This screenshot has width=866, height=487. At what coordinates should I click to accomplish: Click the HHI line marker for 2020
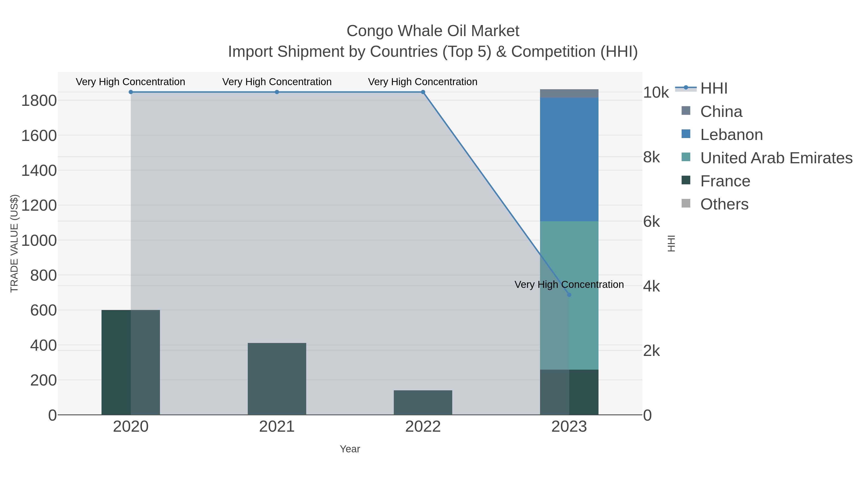coord(131,92)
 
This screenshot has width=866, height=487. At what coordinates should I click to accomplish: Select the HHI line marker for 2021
coord(277,92)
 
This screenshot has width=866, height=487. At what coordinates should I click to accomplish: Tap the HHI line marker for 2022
coord(423,92)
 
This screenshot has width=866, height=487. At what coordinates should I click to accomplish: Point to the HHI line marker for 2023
coord(569,295)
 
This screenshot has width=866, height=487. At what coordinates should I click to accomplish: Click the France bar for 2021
coord(277,379)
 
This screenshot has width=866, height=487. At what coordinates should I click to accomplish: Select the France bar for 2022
coord(423,402)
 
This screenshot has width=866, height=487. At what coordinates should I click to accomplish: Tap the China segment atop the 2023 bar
coord(569,94)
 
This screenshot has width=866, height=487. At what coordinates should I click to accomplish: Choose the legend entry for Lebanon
coord(731,135)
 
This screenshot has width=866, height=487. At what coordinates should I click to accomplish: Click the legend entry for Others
coord(724,204)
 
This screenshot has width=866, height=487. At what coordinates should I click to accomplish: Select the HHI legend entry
coord(713,89)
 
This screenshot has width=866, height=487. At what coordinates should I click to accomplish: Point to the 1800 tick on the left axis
coord(39,101)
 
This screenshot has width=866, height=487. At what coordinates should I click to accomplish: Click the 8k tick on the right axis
coord(651,157)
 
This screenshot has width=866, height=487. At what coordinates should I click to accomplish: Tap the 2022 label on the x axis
coord(423,427)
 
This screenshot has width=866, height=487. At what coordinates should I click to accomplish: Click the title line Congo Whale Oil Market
coord(433,31)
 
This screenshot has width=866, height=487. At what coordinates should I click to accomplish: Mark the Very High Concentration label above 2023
coord(569,285)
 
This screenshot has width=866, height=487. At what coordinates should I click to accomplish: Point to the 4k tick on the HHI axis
coord(651,286)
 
